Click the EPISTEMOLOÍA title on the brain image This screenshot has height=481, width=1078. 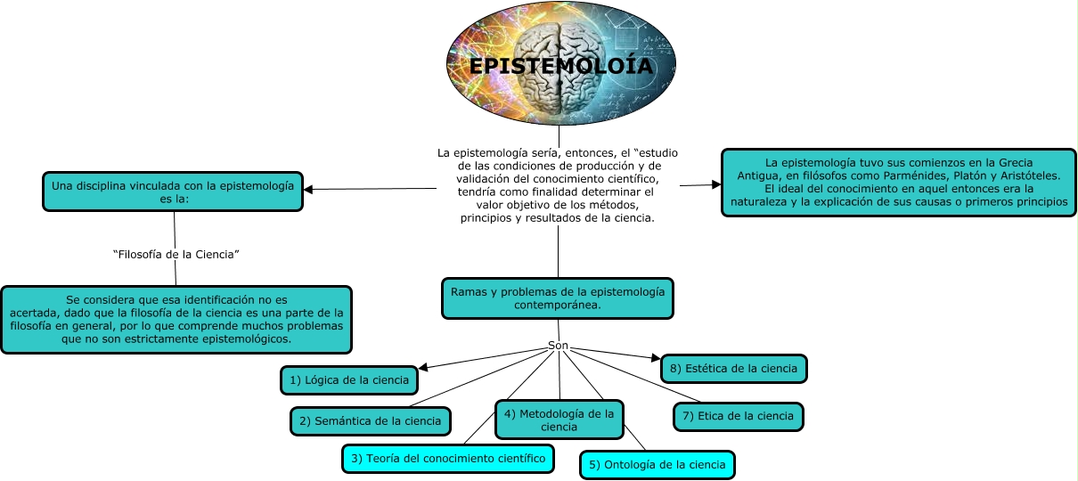(560, 67)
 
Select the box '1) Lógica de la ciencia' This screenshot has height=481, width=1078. (349, 380)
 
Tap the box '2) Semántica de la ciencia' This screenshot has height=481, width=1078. (370, 421)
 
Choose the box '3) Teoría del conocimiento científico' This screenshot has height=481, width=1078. (448, 459)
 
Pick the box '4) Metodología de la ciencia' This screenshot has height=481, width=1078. (559, 420)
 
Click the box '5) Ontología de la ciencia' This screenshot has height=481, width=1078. (658, 464)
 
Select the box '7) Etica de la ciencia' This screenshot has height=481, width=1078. (738, 416)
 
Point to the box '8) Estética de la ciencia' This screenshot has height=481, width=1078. (733, 368)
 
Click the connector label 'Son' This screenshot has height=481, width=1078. (558, 346)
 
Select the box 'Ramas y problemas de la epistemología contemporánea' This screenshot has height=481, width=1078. (557, 298)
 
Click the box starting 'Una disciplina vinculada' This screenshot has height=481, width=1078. (173, 192)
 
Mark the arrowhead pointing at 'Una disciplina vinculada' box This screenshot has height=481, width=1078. (308, 189)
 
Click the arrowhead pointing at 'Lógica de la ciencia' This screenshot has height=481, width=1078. (423, 367)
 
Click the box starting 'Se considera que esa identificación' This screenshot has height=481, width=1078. (176, 320)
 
